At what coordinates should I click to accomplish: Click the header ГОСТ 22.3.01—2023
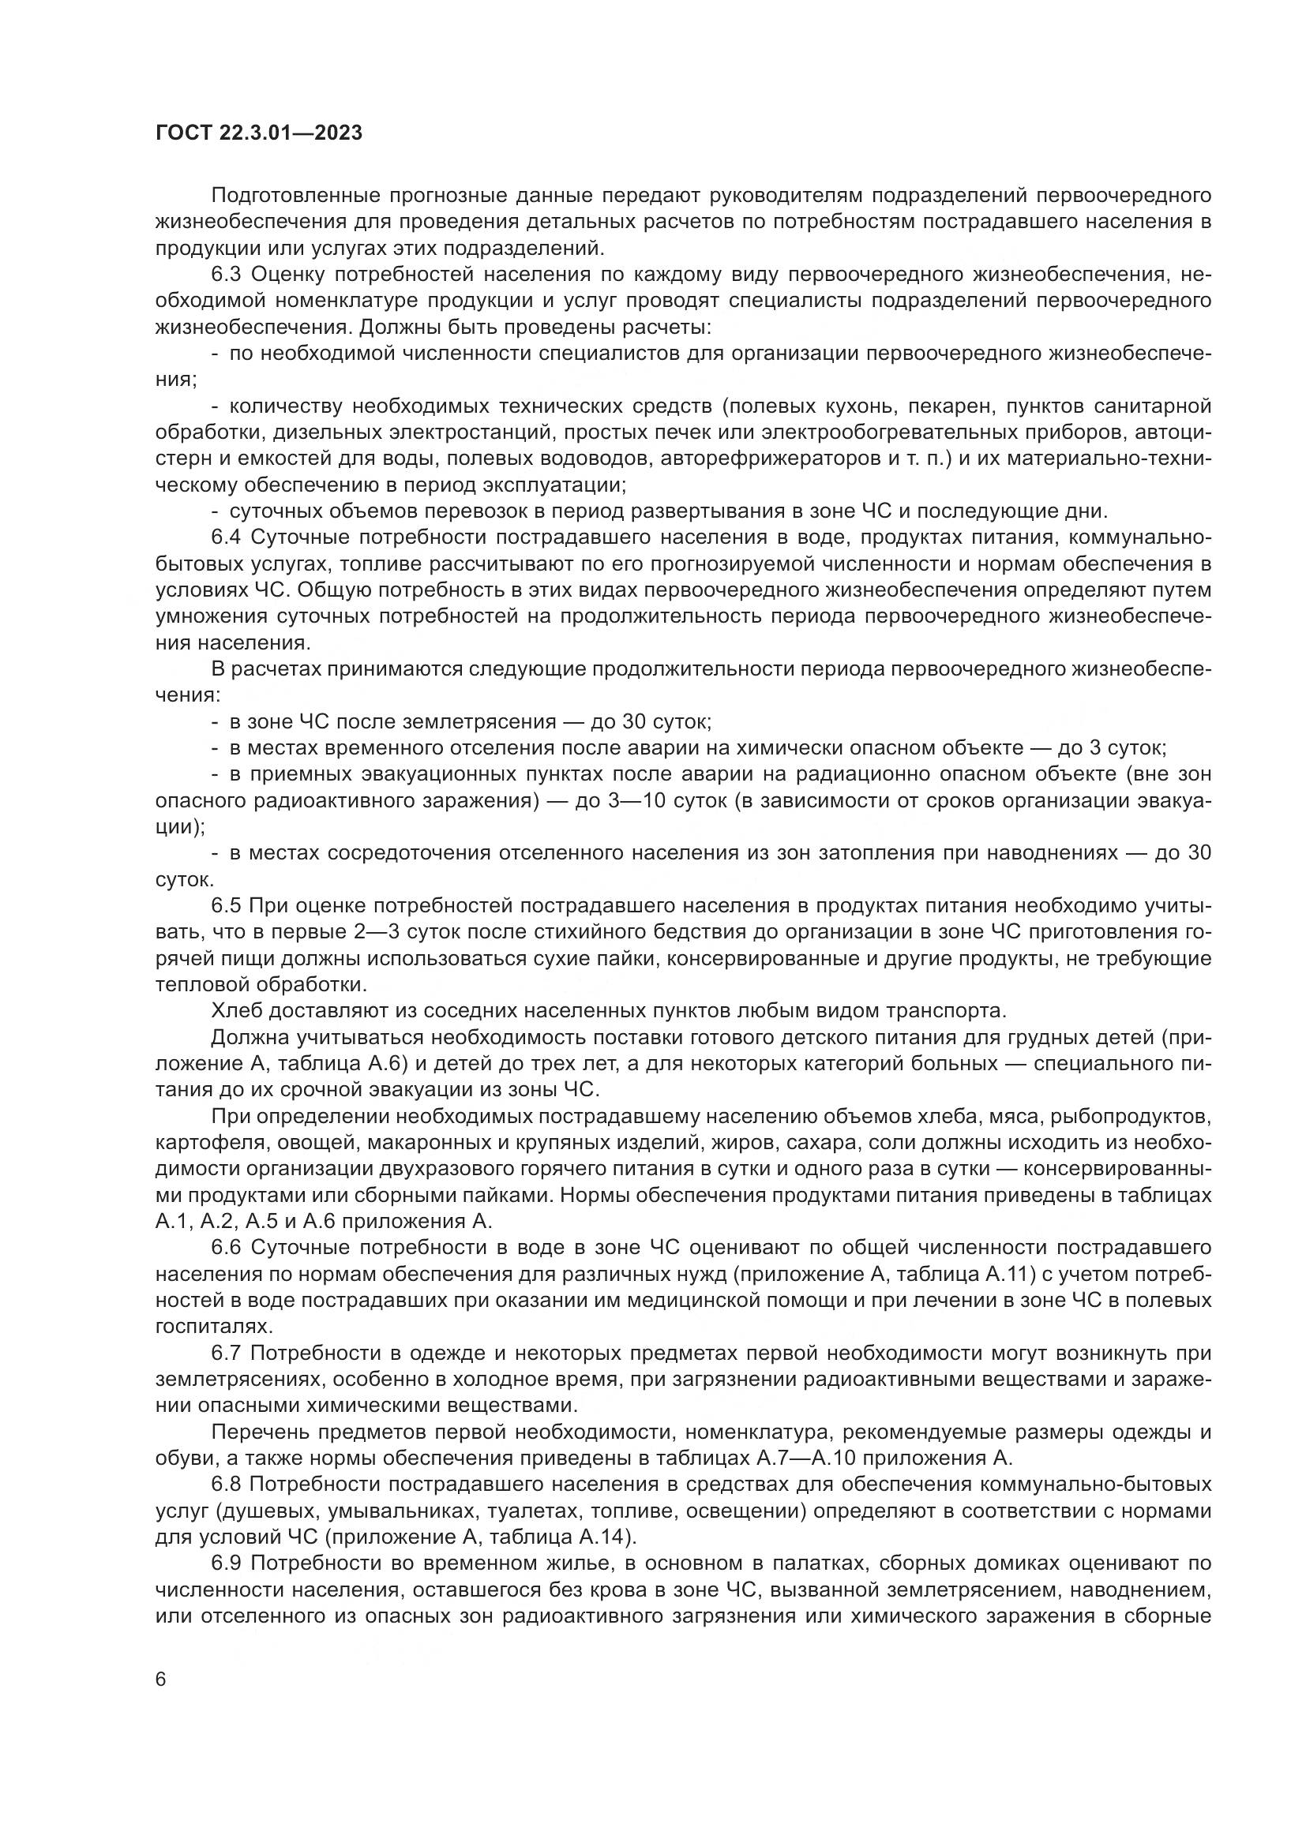[258, 133]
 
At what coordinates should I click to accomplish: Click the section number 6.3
[226, 274]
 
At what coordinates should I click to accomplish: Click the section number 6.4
[226, 537]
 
